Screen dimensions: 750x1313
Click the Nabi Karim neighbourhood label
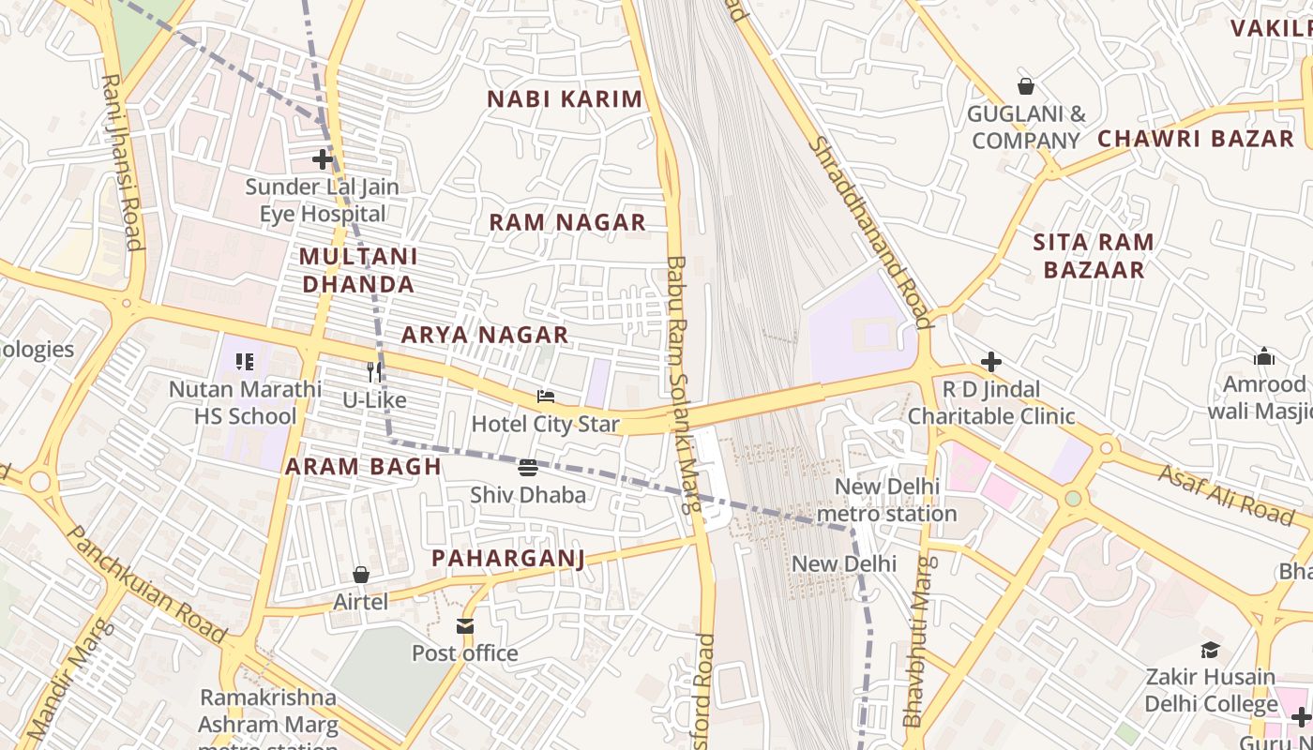pos(565,99)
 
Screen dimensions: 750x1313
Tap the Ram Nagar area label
pos(567,222)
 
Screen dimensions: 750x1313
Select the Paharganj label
pos(507,559)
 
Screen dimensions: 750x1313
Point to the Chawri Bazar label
pos(1196,139)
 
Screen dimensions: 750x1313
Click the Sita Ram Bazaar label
pos(1094,256)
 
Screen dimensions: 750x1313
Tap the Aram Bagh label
pos(363,467)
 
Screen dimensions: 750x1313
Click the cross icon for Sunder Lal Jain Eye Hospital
pos(323,159)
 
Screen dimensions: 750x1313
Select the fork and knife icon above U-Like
pos(374,371)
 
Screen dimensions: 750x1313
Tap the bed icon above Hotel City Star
pos(546,397)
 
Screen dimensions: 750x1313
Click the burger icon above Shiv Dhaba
pos(528,467)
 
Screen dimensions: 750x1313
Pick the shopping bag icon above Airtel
pos(361,574)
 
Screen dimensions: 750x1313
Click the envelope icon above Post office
pos(465,625)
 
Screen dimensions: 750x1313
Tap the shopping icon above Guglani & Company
pos(1026,86)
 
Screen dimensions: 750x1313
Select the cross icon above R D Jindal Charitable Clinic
pos(991,362)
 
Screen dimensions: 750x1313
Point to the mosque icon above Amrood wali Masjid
pos(1264,356)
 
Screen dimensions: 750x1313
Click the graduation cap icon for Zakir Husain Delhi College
pos(1210,650)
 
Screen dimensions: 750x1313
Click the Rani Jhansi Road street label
pos(123,163)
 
